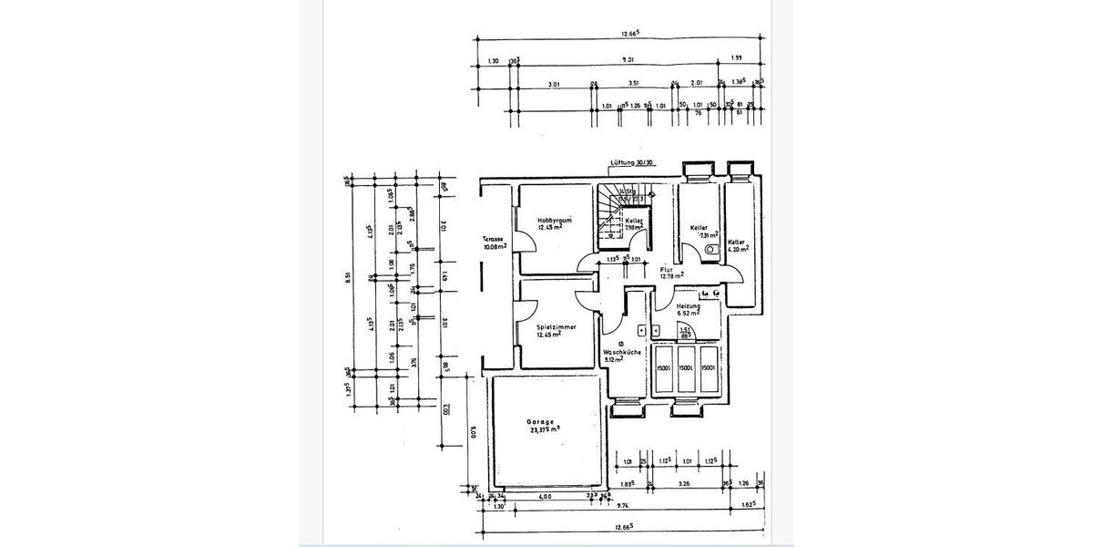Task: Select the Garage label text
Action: (540, 422)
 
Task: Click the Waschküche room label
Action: (619, 351)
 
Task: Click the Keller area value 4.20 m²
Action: (738, 248)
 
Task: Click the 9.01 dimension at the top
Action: (628, 61)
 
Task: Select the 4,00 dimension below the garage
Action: (545, 497)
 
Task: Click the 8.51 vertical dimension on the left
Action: (347, 279)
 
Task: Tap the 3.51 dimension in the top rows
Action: (634, 84)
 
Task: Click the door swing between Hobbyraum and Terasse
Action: (526, 243)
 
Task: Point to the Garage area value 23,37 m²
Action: (545, 432)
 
